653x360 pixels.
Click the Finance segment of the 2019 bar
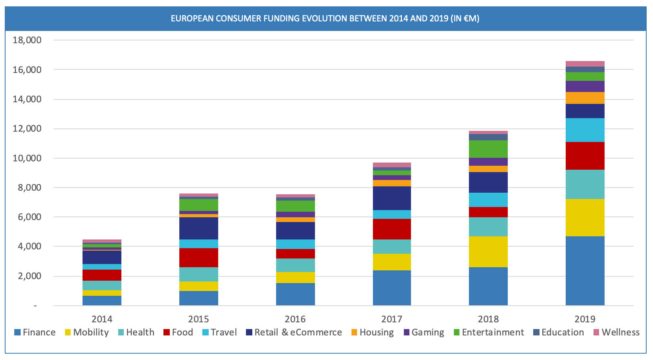click(x=585, y=271)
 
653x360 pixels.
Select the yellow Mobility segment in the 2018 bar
click(x=488, y=252)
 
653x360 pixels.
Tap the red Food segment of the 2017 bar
click(x=392, y=229)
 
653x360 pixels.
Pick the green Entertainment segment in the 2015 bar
click(x=198, y=205)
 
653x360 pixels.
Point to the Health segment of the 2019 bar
click(x=585, y=184)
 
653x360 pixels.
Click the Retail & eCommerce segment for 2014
click(x=102, y=257)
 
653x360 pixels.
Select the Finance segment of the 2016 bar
click(x=295, y=294)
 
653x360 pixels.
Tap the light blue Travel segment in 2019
click(x=585, y=130)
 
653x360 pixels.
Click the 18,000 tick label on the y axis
click(x=27, y=40)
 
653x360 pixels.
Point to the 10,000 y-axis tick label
click(x=27, y=158)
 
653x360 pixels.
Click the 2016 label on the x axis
click(x=295, y=319)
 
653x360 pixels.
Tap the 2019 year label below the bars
click(x=585, y=319)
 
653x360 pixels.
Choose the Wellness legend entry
click(x=620, y=332)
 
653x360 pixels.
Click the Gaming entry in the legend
click(x=427, y=332)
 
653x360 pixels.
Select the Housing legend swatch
click(x=355, y=332)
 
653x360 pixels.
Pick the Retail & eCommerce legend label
click(x=298, y=332)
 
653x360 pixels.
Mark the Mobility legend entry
click(x=90, y=332)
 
